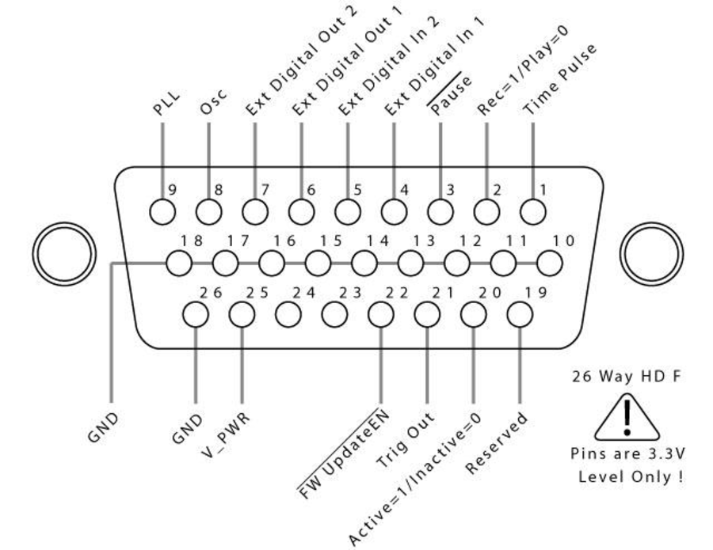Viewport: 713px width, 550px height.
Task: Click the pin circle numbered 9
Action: (162, 211)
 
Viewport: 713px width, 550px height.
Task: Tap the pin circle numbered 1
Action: (533, 211)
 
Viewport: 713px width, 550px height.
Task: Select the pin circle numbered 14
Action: (364, 263)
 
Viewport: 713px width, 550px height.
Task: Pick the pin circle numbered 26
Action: (195, 314)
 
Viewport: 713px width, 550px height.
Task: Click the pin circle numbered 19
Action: (520, 314)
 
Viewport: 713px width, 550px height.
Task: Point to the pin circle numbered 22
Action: (380, 314)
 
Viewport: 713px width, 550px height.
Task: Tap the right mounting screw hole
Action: (650, 252)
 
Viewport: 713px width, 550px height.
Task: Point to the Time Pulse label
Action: (560, 80)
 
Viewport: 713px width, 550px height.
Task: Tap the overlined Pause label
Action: (452, 96)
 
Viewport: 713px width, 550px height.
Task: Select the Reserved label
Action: (497, 443)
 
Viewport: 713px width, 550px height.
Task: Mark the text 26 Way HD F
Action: (626, 377)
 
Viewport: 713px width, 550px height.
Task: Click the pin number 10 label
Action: (563, 241)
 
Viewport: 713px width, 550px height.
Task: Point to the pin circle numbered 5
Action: (348, 211)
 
